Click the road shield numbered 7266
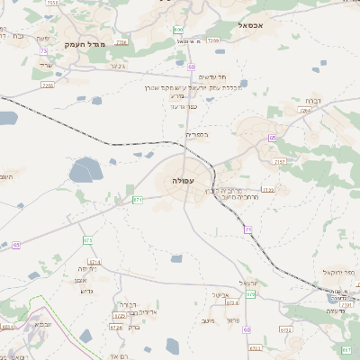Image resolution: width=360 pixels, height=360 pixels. [x=121, y=42]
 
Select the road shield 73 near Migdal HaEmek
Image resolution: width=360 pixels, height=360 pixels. [x=43, y=51]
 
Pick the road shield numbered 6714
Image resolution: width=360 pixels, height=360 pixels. [x=95, y=262]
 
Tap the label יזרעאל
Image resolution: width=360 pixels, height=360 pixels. [x=252, y=282]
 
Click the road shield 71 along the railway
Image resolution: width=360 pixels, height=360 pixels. [x=247, y=230]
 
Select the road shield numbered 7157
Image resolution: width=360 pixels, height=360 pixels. [x=280, y=162]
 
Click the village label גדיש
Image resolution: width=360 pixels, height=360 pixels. [x=87, y=291]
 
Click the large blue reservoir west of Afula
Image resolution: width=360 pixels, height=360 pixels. [x=86, y=169]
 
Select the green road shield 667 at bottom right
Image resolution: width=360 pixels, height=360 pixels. [x=346, y=348]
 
